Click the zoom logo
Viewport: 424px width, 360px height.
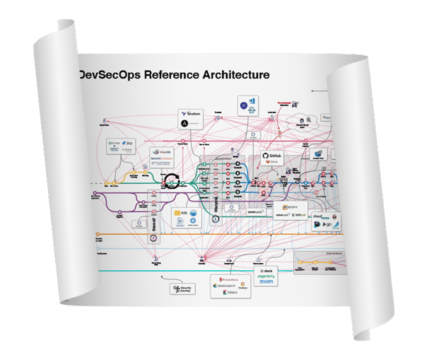267,282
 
